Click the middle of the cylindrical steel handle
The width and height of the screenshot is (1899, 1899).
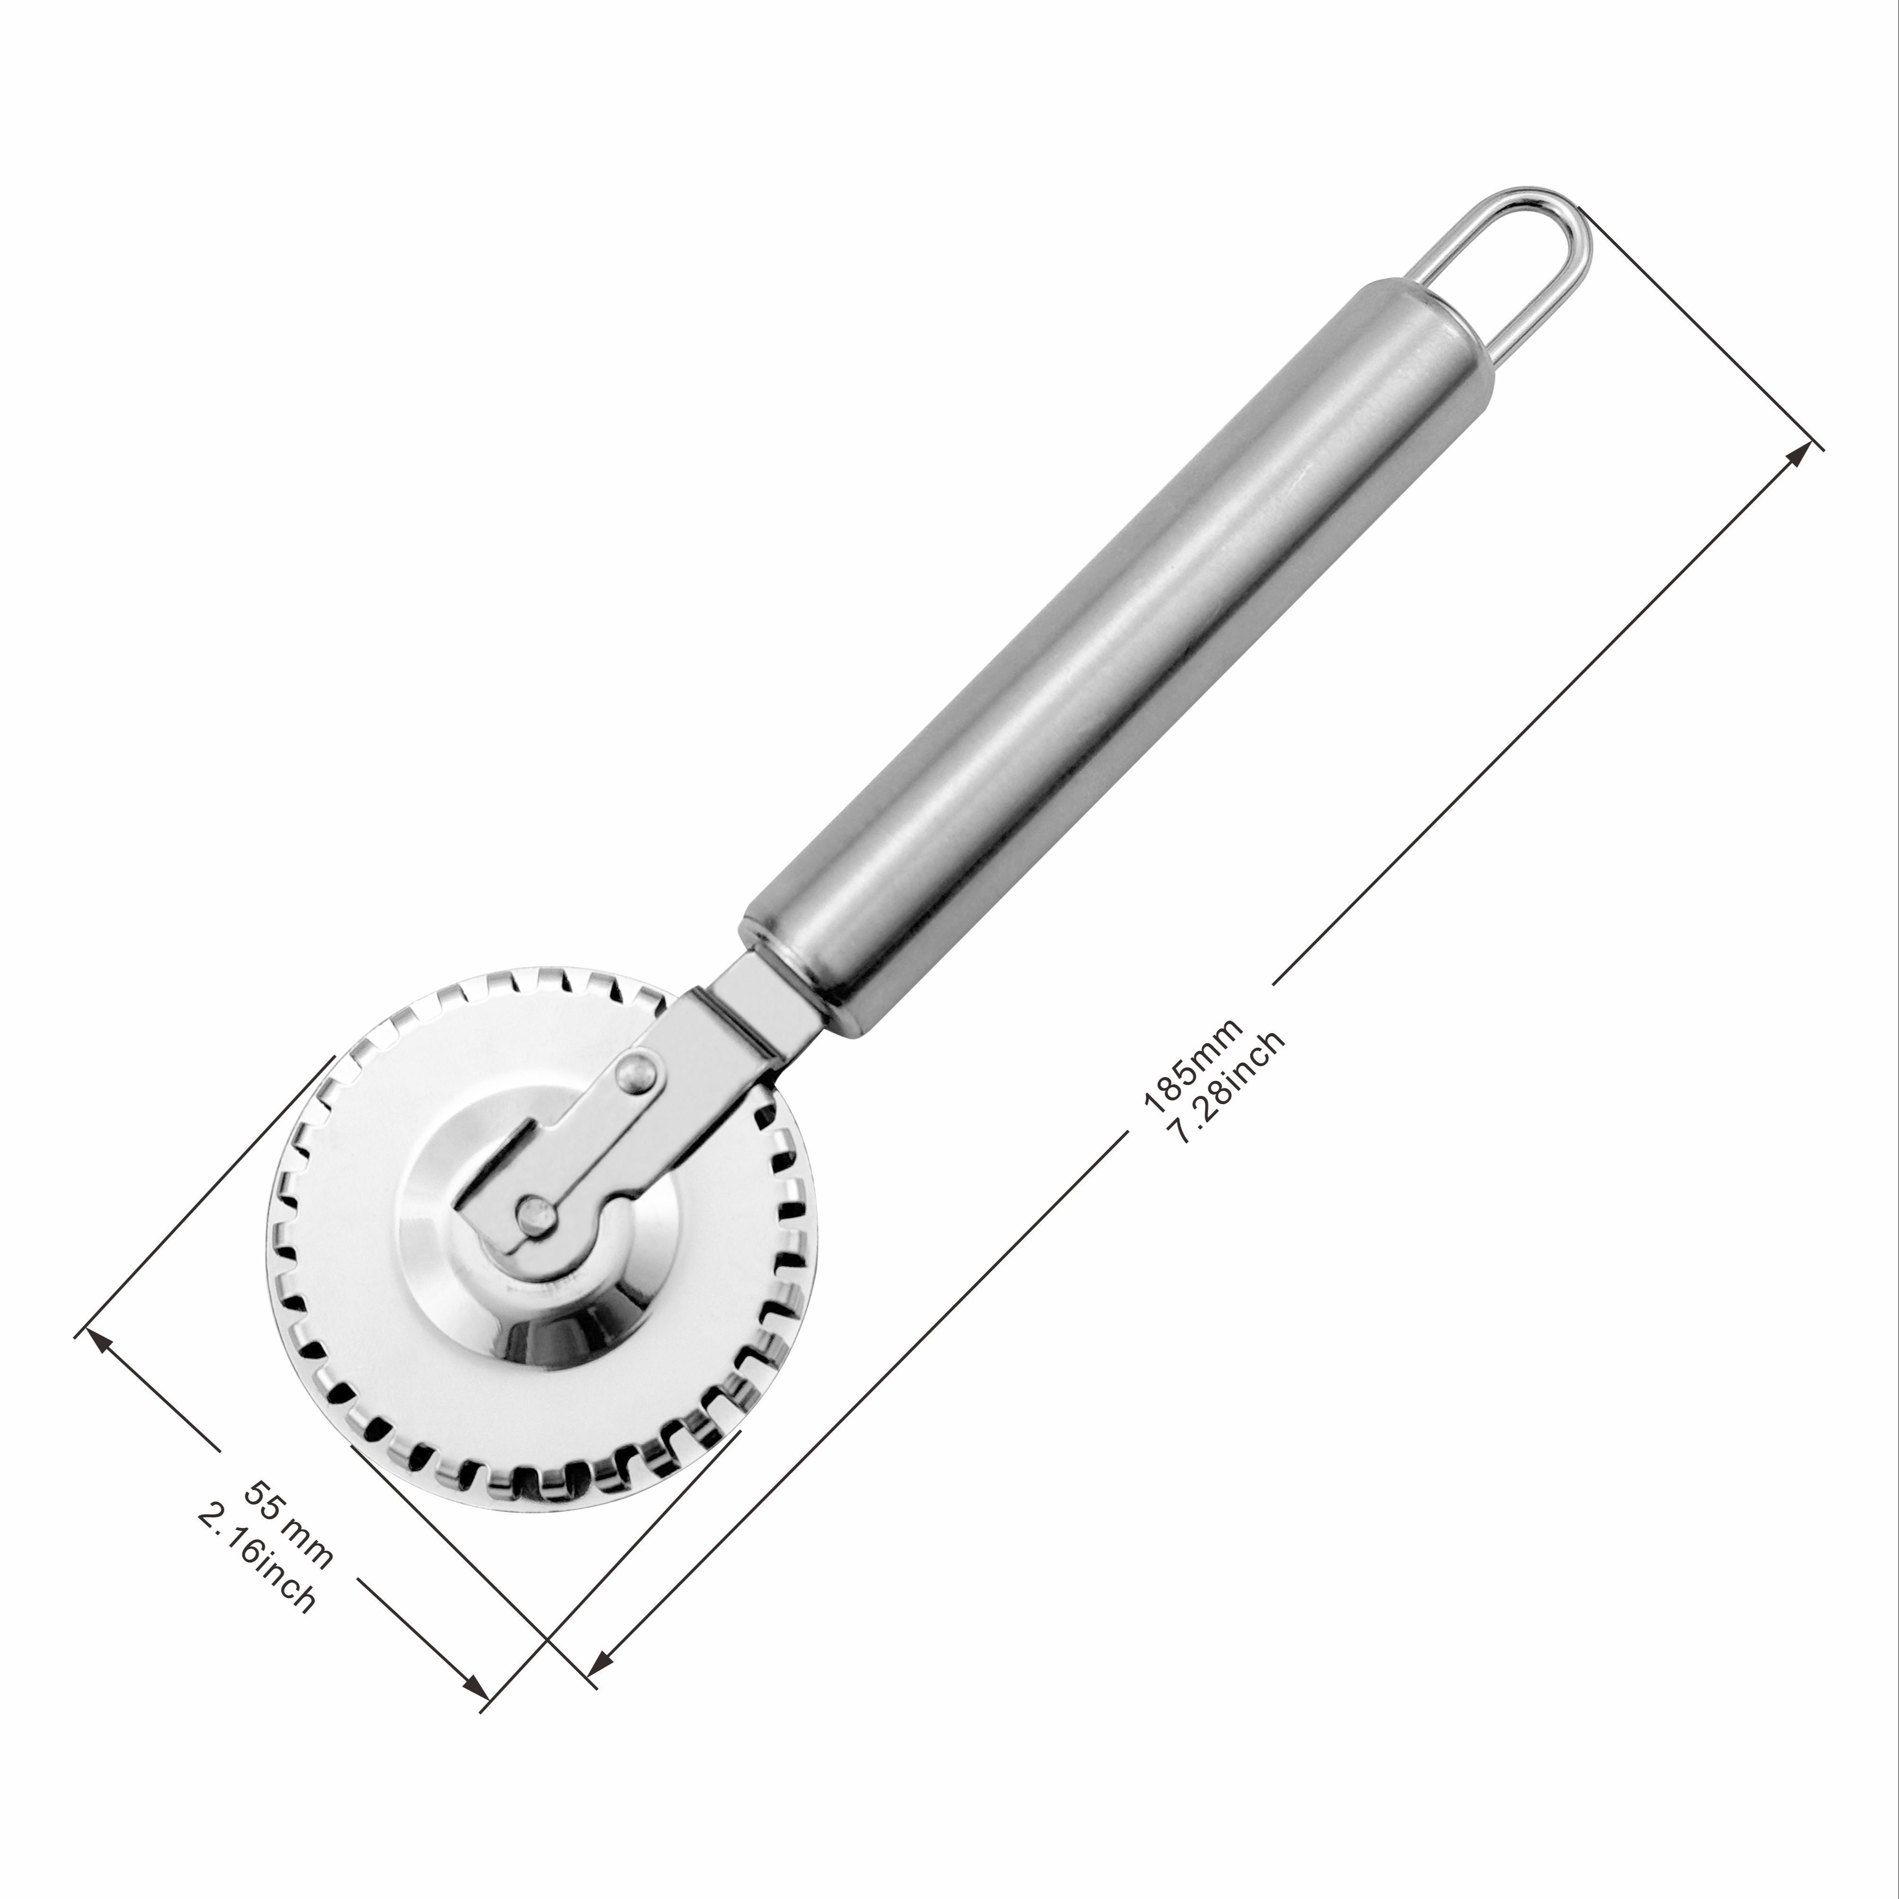coord(1121,649)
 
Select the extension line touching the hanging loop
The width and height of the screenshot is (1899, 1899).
coord(1701,329)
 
